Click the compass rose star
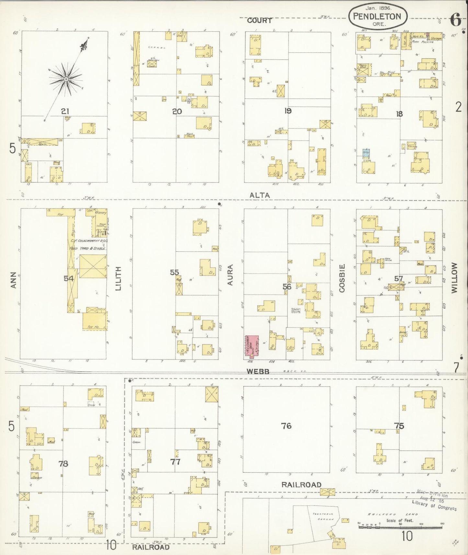point(66,79)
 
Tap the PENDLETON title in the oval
point(377,17)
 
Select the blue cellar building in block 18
point(366,153)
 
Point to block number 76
point(286,425)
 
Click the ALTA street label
point(259,195)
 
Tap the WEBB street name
point(258,372)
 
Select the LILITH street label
point(118,278)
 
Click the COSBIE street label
point(342,278)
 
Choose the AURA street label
point(230,275)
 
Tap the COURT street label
point(259,20)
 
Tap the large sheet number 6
point(455,21)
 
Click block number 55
point(174,272)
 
